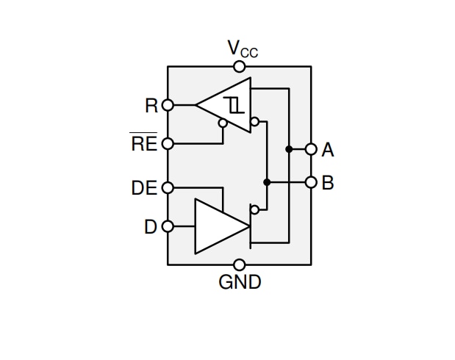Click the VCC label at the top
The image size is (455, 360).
click(242, 49)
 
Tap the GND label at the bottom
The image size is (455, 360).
click(240, 281)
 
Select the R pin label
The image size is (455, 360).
click(151, 106)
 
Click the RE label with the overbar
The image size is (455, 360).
click(143, 143)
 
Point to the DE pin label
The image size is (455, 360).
click(144, 188)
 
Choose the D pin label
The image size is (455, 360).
click(151, 227)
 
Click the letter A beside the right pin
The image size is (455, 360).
click(328, 150)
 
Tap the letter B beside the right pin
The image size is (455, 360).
click(328, 182)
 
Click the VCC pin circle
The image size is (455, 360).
click(240, 67)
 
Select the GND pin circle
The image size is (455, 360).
click(240, 264)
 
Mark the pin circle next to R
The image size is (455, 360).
click(168, 105)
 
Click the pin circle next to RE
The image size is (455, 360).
click(168, 143)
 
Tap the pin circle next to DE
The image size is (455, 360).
click(168, 188)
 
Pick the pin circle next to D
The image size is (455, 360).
click(168, 226)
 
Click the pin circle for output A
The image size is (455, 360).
click(311, 149)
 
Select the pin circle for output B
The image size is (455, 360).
click(311, 182)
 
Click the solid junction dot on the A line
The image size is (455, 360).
click(289, 149)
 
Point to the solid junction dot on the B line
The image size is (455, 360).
click(267, 182)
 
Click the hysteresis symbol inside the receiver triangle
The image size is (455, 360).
click(234, 105)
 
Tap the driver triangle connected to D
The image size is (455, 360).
click(217, 226)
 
